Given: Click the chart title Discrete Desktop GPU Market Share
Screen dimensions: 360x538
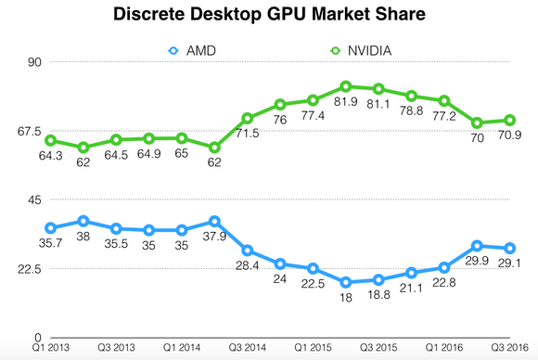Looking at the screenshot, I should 269,16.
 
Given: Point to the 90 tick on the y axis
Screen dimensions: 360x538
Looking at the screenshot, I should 36,62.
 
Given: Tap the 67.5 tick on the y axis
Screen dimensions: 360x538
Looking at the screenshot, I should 30,131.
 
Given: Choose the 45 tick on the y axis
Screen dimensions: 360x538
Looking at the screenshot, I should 36,199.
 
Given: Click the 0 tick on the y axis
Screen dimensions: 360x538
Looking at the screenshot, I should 39,338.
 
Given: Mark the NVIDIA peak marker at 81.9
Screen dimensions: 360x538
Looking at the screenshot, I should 346,86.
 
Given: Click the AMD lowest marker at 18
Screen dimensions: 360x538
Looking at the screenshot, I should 346,282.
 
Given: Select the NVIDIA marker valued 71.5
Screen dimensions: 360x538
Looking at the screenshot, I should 248,118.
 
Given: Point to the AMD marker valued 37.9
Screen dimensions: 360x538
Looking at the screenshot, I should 214,221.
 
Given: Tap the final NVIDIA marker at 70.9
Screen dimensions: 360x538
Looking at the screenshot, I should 510,120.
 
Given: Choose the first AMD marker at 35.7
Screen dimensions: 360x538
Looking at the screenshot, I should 51,227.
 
